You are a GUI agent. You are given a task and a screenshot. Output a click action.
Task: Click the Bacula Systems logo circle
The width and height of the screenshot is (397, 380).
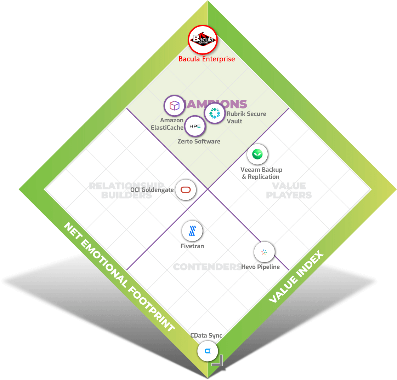click(203, 39)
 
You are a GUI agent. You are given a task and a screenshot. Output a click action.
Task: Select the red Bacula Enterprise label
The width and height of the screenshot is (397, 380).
click(207, 59)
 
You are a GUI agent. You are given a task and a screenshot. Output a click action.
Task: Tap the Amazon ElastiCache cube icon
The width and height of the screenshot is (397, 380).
click(174, 106)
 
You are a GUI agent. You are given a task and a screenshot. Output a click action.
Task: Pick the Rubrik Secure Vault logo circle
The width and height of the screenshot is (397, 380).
click(215, 113)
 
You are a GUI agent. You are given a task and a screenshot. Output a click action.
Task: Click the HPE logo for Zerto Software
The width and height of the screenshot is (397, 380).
click(195, 126)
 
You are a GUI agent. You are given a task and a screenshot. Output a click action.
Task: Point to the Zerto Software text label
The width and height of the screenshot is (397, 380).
click(199, 141)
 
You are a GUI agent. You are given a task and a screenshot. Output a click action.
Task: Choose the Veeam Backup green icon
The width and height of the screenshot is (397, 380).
click(257, 154)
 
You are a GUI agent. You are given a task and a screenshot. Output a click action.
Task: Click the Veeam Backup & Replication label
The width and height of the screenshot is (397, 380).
click(261, 173)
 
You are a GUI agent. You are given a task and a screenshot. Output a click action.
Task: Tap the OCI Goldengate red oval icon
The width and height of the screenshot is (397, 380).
click(186, 190)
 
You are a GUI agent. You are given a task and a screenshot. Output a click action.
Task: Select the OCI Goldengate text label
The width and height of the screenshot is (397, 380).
click(152, 190)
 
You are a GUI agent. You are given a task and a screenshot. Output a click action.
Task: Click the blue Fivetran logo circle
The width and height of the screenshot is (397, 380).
click(192, 231)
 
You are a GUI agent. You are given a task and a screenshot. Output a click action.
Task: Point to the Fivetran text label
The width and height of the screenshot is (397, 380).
click(192, 246)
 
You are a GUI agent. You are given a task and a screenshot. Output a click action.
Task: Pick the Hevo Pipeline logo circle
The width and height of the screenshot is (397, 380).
click(264, 252)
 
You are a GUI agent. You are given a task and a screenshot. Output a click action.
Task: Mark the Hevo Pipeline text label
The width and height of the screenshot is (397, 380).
click(260, 267)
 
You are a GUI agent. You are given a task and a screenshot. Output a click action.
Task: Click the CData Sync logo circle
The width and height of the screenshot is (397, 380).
click(208, 351)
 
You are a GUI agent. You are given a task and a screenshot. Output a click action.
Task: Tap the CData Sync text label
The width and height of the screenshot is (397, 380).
click(206, 335)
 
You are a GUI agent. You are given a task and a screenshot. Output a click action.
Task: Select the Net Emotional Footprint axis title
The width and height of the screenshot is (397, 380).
click(119, 277)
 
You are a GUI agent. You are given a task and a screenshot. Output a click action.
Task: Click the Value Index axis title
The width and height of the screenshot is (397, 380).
click(296, 277)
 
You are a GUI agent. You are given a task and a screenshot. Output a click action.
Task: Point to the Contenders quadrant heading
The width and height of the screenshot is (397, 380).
click(207, 267)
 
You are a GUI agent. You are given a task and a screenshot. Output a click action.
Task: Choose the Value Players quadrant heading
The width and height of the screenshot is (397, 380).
click(289, 191)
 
